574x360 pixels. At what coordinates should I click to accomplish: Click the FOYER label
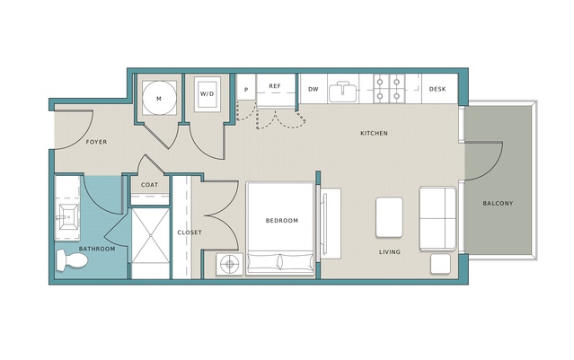pos(97,142)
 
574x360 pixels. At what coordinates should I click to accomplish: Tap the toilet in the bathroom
pos(72,261)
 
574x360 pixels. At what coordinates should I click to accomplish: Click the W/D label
pos(207,93)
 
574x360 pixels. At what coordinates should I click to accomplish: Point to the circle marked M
pos(159,99)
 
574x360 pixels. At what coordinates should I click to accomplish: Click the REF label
pos(275,86)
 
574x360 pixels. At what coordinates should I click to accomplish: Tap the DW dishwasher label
pos(313,89)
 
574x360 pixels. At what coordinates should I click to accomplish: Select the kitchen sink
pos(343,92)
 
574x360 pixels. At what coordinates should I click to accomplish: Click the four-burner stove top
pos(388,89)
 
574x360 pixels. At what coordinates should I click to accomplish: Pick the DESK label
pos(437,89)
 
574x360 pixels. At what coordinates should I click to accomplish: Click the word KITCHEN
pos(374,133)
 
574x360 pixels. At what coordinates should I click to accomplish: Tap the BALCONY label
pos(498,204)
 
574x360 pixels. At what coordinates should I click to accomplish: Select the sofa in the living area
pos(437,219)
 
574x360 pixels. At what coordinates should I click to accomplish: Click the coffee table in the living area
pos(390,217)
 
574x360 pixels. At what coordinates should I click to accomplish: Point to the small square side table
pos(440,264)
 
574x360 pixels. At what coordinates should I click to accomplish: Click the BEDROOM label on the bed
pos(282,221)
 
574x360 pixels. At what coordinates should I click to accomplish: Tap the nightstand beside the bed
pos(230,264)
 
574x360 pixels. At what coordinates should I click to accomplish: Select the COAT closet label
pos(150,185)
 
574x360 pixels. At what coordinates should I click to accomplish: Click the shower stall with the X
pos(150,235)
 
